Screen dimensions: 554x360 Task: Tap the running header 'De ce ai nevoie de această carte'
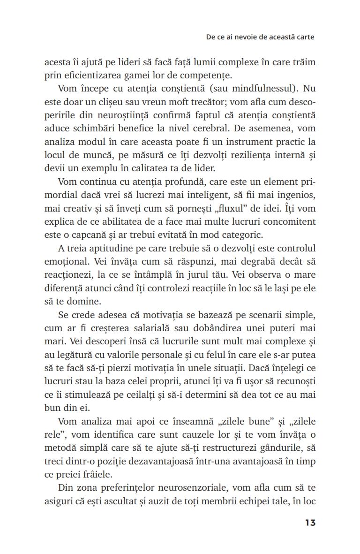[x=260, y=37]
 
